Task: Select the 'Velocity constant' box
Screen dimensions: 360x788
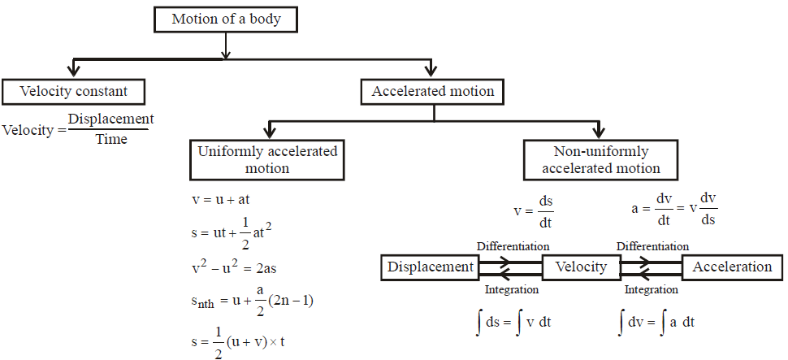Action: (76, 91)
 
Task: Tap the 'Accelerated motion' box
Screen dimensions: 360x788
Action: (432, 91)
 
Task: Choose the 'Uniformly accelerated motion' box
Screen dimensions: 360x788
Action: (267, 160)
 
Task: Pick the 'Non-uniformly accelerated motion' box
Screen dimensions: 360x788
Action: (600, 160)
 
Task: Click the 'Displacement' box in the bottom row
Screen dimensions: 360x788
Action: (430, 267)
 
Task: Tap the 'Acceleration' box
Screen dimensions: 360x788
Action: (732, 267)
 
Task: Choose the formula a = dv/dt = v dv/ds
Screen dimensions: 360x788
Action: (674, 210)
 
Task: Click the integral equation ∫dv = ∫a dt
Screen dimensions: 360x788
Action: (655, 322)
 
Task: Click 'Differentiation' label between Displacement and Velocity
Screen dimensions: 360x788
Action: (513, 245)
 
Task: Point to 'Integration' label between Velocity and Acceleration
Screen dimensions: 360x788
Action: (652, 288)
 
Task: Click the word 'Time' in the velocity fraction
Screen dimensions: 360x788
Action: (111, 139)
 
